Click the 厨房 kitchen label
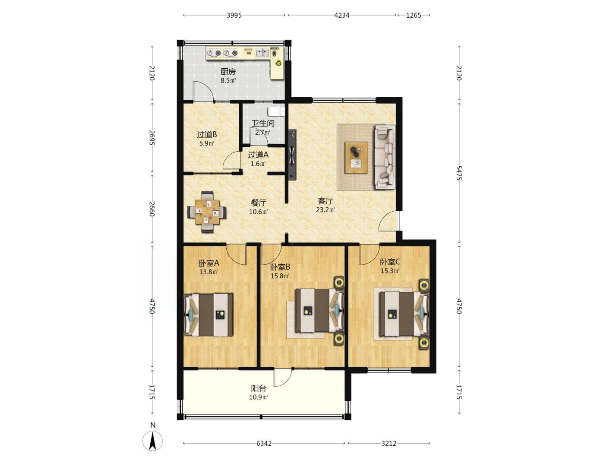click(228, 72)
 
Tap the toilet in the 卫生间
click(276, 111)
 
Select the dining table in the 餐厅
click(207, 212)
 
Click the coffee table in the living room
click(356, 158)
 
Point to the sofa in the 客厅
click(385, 157)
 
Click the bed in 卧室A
click(209, 314)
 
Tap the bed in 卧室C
click(404, 314)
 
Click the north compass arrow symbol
click(152, 441)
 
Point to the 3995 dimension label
click(234, 16)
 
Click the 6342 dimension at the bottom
click(264, 443)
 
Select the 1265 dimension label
click(413, 16)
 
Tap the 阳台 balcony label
click(259, 388)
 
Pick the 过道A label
click(258, 155)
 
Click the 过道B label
click(207, 135)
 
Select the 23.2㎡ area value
click(325, 210)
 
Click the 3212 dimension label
click(389, 443)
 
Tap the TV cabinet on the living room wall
click(292, 155)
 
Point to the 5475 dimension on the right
click(458, 173)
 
